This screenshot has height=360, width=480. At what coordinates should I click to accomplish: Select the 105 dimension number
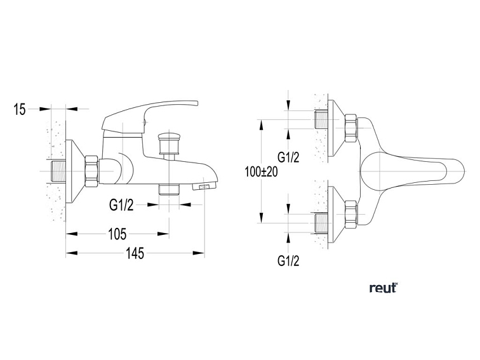[x=117, y=234]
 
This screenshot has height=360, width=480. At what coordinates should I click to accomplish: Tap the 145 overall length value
[x=135, y=253]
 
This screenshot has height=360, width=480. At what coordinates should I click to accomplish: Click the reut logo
[x=383, y=288]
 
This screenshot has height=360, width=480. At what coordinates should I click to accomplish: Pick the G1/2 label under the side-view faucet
[x=121, y=204]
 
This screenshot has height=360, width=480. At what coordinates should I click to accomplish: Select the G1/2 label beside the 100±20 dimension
[x=289, y=157]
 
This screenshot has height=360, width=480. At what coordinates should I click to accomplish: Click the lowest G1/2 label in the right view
[x=289, y=260]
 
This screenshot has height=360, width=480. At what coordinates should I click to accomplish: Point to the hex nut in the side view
[x=92, y=171]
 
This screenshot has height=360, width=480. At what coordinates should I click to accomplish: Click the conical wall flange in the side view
[x=76, y=171]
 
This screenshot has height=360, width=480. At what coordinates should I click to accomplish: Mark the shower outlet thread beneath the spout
[x=169, y=189]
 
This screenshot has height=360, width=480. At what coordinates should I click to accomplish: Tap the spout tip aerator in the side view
[x=205, y=187]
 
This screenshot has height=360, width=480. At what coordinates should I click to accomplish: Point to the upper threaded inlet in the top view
[x=322, y=119]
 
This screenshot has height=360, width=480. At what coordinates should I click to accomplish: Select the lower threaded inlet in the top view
[x=322, y=221]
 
